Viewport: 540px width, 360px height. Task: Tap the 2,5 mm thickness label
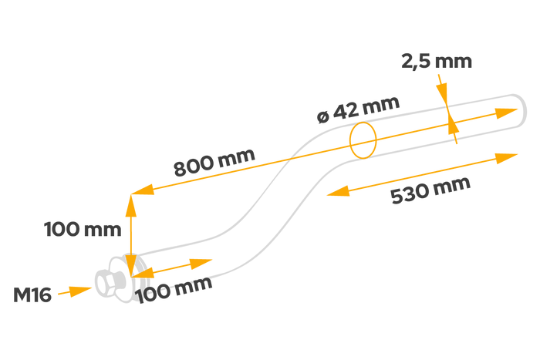click(436, 62)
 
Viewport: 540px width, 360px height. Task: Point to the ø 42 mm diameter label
click(359, 109)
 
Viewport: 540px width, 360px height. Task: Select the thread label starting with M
click(32, 294)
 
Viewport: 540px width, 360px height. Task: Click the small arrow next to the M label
click(76, 291)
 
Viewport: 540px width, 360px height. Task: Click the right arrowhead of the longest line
click(508, 113)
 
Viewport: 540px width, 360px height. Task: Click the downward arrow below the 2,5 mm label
click(443, 94)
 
